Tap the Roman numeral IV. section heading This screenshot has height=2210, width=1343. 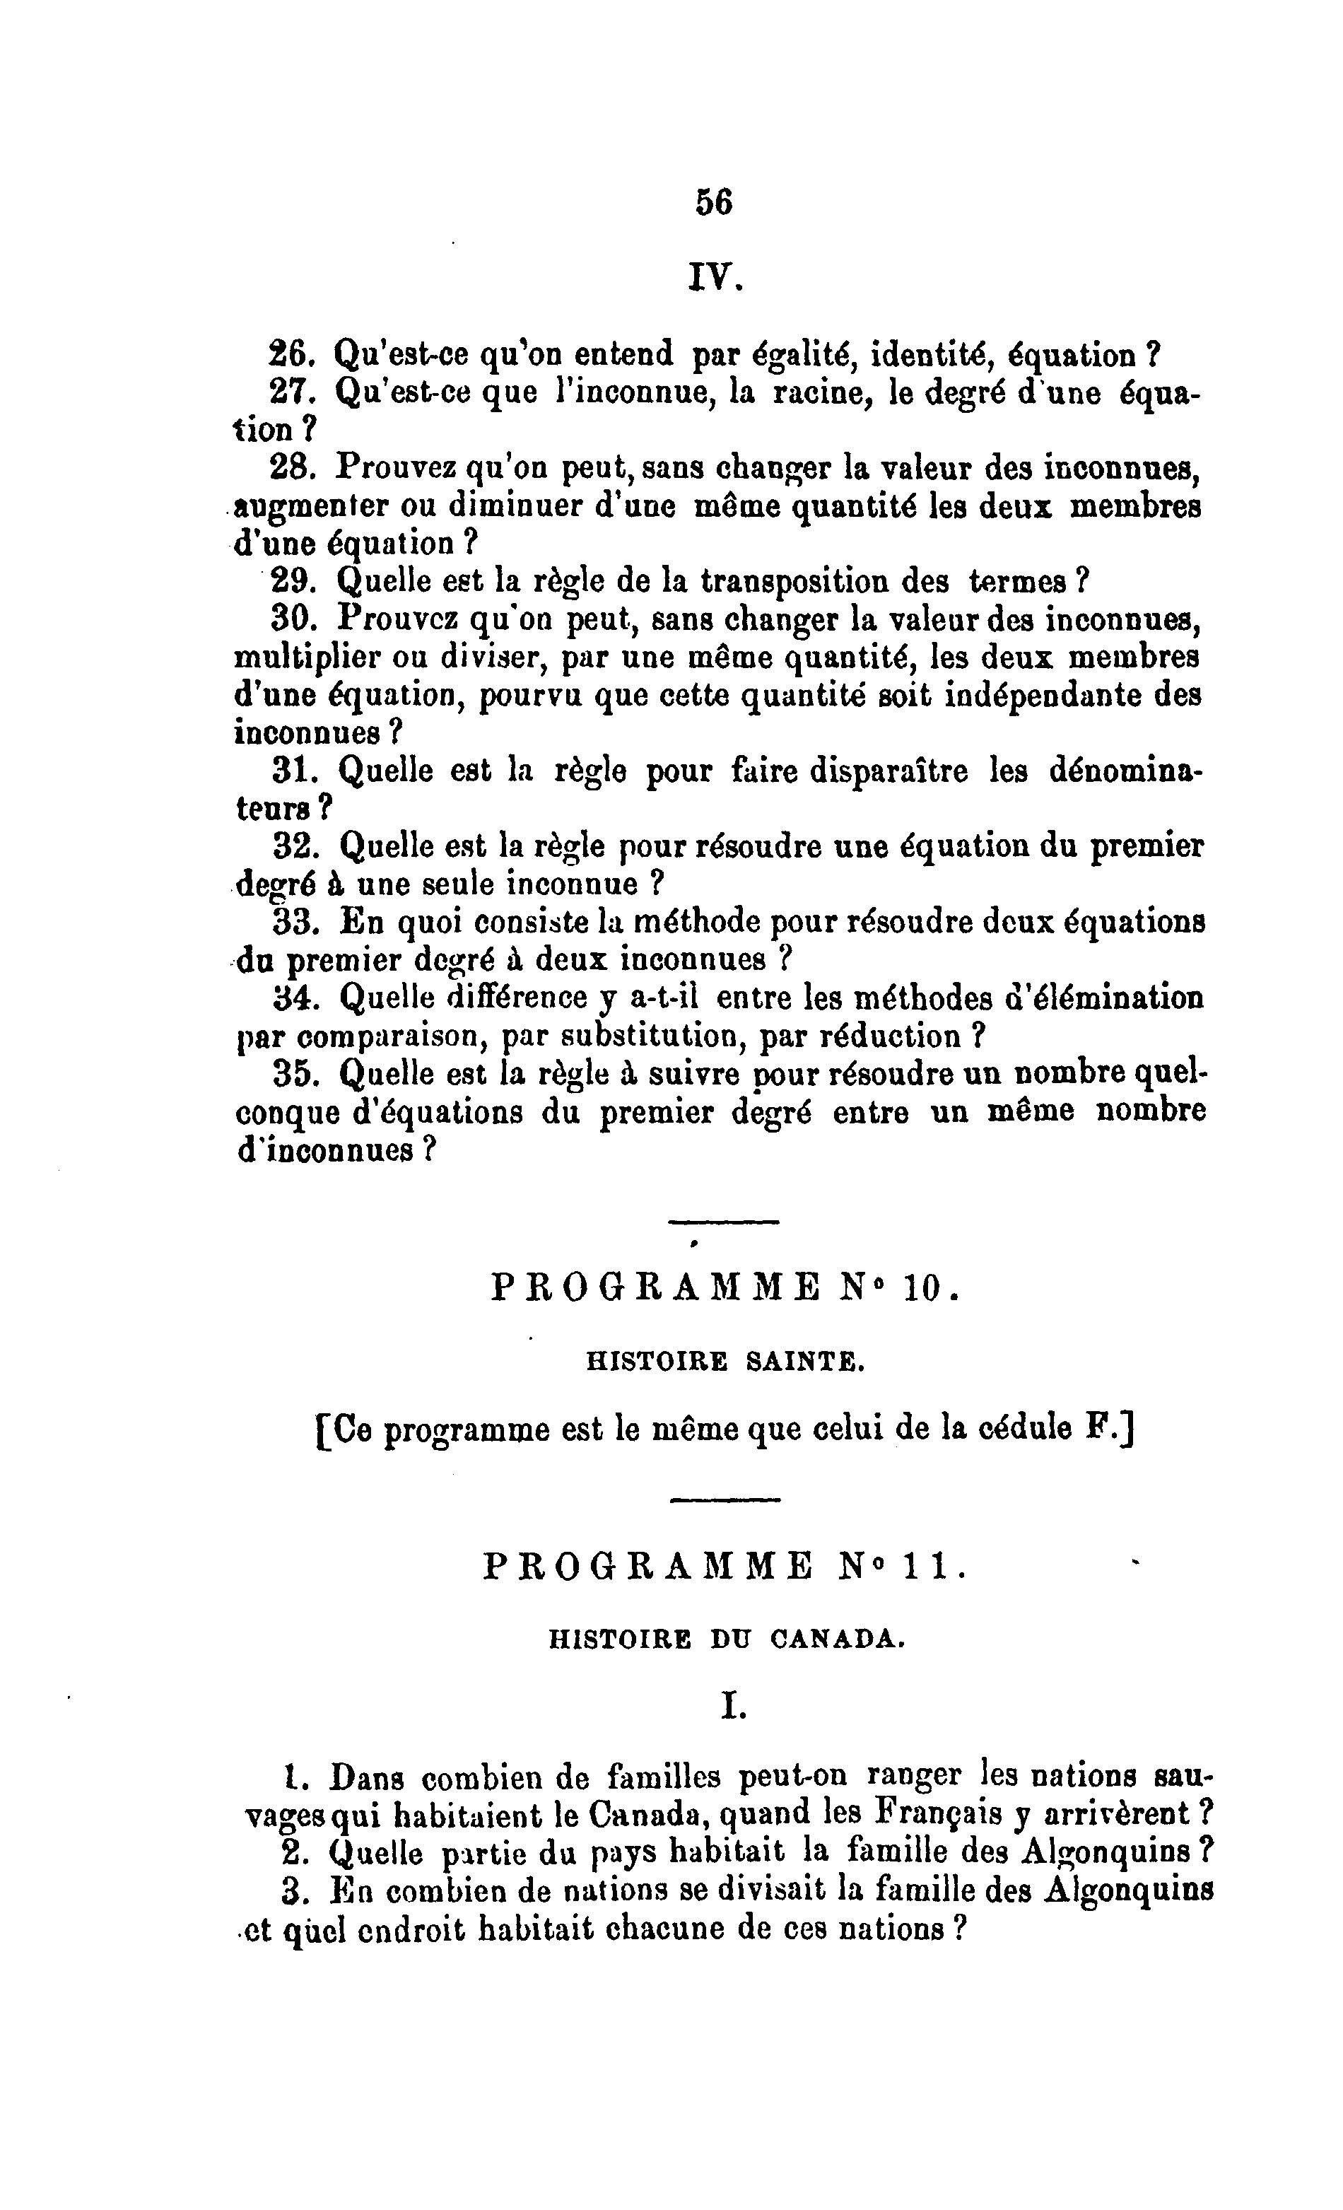[x=715, y=277]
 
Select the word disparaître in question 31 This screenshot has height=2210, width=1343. [x=889, y=771]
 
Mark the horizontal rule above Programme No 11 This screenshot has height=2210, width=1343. [x=725, y=1499]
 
